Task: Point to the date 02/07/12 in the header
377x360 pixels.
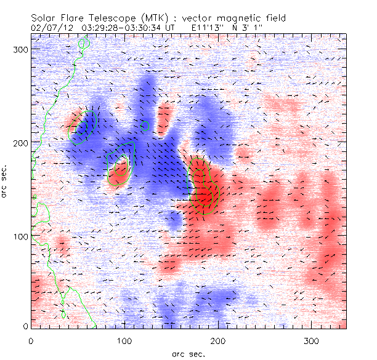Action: [x=49, y=27]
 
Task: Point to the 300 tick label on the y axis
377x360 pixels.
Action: [x=21, y=49]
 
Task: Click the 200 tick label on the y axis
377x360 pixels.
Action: [x=21, y=143]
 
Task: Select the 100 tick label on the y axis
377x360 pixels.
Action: [x=21, y=236]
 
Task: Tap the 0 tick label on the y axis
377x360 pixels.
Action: [x=26, y=326]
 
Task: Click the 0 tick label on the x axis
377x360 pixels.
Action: [x=31, y=340]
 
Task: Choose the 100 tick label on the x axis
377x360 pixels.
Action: [x=124, y=340]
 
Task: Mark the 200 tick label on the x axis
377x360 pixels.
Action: [x=218, y=340]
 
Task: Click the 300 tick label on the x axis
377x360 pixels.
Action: [x=312, y=340]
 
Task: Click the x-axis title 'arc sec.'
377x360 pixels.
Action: [x=188, y=354]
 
